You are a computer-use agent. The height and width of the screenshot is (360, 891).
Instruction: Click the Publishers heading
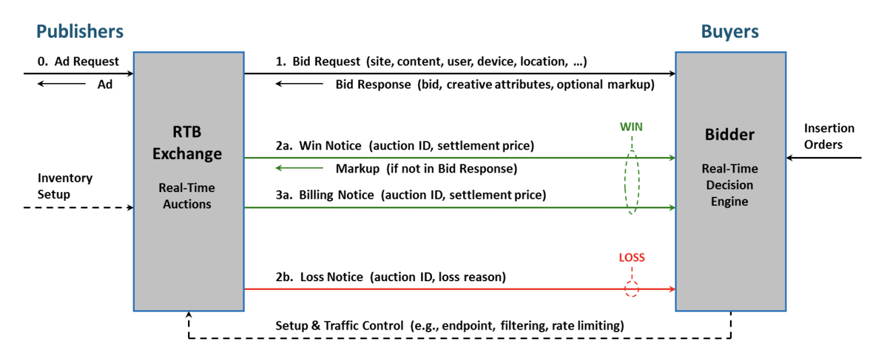[80, 32]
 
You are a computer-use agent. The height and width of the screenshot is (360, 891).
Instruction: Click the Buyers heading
[730, 32]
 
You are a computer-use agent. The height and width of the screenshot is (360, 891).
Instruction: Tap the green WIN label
[632, 127]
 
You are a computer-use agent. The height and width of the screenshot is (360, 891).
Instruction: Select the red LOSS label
[632, 258]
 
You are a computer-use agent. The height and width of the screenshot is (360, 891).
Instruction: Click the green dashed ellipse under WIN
[625, 182]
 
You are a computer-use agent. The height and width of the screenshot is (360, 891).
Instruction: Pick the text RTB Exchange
[187, 142]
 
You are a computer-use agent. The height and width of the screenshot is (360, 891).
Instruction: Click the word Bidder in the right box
[729, 134]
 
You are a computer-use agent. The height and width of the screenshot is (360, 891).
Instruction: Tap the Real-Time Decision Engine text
[729, 185]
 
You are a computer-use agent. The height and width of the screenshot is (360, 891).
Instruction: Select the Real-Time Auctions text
[187, 196]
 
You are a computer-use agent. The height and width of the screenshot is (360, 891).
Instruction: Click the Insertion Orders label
[829, 136]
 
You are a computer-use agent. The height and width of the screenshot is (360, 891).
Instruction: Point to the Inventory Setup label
[65, 186]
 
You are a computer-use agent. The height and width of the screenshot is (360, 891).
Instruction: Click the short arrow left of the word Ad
[61, 84]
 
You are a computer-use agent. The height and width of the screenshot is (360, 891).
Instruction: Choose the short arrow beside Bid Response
[299, 84]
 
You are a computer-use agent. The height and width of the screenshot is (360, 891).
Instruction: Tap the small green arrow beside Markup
[299, 168]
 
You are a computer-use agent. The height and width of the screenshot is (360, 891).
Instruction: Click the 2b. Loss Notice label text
[391, 277]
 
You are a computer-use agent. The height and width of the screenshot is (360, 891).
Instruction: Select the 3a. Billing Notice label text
[411, 195]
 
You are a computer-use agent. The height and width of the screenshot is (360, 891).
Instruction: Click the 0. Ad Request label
[78, 61]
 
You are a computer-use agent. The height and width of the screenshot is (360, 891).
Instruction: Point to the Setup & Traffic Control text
[450, 326]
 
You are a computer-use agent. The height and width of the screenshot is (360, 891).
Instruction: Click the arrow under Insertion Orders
[824, 158]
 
